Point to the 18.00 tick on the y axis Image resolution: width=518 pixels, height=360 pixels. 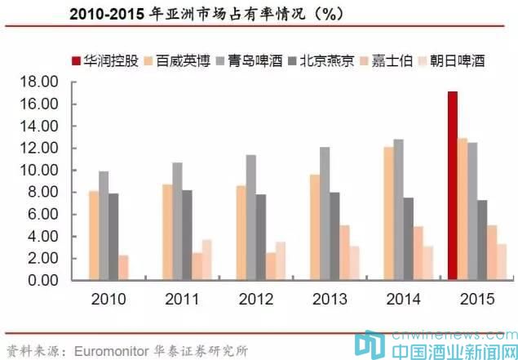click(x=42, y=82)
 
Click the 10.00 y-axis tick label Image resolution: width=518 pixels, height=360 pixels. click(x=42, y=171)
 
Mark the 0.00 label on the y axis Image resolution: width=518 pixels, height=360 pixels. click(x=45, y=281)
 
